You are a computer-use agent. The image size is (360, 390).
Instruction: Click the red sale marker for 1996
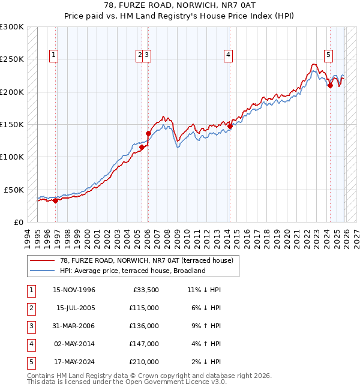pyautogui.click(x=56, y=200)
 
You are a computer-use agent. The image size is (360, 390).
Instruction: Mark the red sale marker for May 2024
pyautogui.click(x=330, y=86)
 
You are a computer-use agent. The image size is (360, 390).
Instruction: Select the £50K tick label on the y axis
pyautogui.click(x=14, y=190)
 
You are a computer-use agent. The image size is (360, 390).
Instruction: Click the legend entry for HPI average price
pyautogui.click(x=133, y=271)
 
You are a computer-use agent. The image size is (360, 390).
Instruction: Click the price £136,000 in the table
pyautogui.click(x=145, y=326)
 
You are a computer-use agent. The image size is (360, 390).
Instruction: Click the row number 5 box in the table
pyautogui.click(x=31, y=362)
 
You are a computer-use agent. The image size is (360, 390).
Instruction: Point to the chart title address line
pyautogui.click(x=180, y=8)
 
